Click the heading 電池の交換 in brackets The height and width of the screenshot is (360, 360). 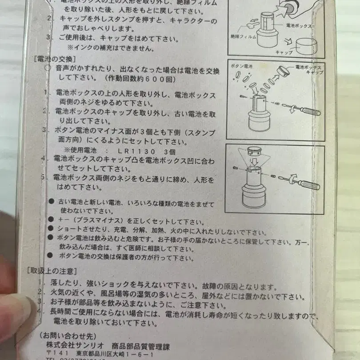tap(55, 59)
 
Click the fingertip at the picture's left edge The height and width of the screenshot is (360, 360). tap(18, 311)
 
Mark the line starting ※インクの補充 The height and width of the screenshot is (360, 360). tap(111, 48)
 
